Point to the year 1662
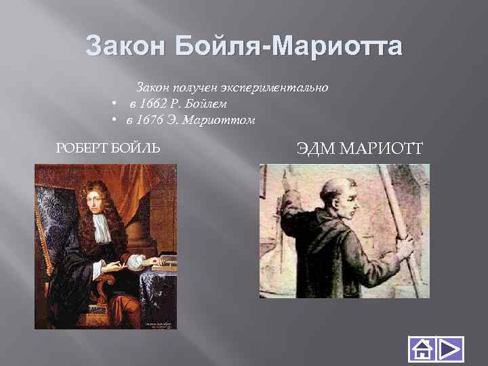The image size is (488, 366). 152,104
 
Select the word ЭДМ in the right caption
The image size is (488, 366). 314,148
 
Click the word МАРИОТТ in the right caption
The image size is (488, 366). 380,148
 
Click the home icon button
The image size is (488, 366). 420,349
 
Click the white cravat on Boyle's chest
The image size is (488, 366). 102,230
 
